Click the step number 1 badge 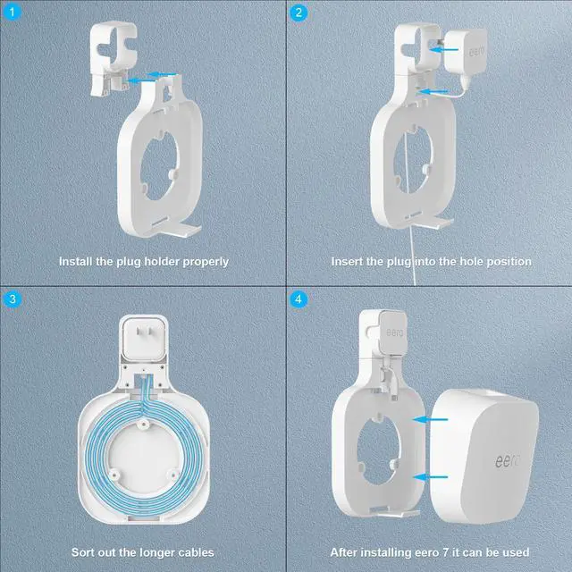12,13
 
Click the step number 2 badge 299,13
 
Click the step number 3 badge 12,299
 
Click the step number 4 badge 299,299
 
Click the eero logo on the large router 509,462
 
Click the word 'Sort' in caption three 86,552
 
